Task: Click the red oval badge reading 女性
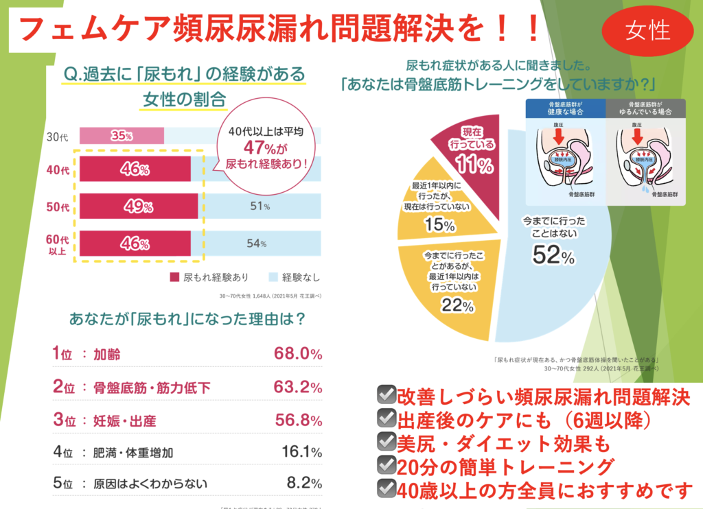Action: pos(647,30)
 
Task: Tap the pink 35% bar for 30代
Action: pos(122,136)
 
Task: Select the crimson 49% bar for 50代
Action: pos(138,206)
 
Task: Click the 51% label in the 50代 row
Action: pos(258,206)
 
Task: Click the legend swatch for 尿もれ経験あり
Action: pos(175,278)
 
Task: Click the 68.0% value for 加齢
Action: pos(297,354)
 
